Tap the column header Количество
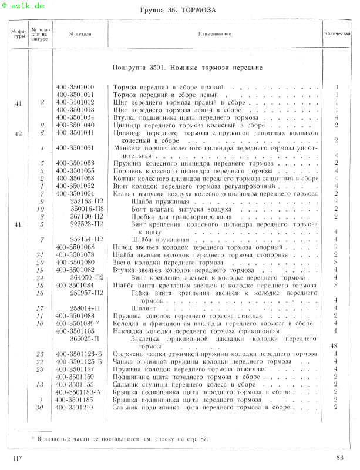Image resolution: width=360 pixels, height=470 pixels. [x=337, y=33]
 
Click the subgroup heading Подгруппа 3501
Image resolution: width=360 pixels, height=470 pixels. [x=187, y=68]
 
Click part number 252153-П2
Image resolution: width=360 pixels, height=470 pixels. [x=86, y=202]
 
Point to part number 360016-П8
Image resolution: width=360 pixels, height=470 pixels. [x=86, y=209]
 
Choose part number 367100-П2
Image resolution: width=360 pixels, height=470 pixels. [x=86, y=216]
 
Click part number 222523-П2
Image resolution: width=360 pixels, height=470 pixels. [x=86, y=224]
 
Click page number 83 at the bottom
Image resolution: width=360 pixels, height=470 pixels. [x=341, y=458]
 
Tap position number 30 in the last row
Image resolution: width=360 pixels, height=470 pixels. [x=40, y=407]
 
